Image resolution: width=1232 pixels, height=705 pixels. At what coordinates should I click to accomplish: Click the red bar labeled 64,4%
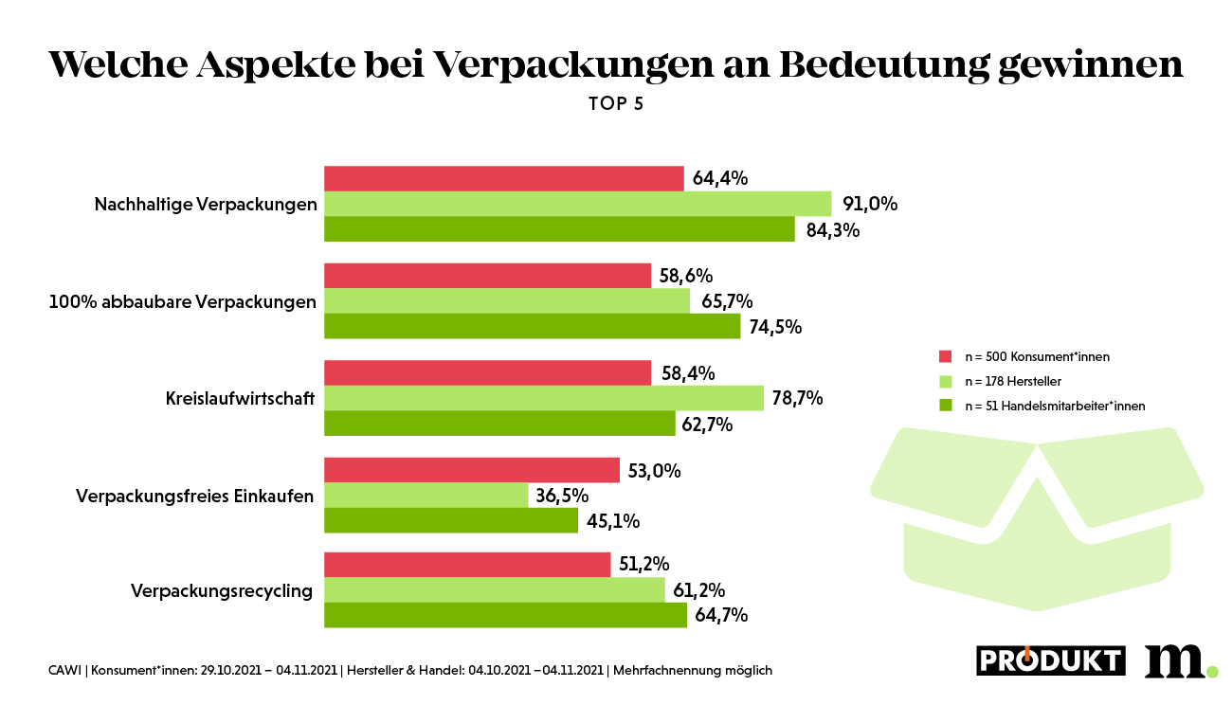tap(503, 178)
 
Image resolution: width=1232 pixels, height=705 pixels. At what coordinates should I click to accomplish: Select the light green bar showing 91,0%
tap(577, 204)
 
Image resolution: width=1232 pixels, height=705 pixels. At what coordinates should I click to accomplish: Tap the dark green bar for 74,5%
tap(532, 326)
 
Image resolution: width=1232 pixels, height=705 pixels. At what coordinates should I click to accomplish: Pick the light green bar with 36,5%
tap(426, 495)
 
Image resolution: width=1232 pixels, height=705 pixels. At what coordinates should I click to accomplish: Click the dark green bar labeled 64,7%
tap(505, 615)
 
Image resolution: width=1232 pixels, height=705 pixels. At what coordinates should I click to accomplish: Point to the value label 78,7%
tap(797, 398)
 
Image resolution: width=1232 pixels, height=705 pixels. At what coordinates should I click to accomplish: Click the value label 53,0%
tap(654, 471)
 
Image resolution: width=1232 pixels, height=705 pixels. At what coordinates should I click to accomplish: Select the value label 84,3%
tap(832, 229)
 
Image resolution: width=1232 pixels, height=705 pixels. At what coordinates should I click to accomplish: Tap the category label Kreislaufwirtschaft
tap(240, 398)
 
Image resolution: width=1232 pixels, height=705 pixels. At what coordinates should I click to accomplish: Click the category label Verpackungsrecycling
tap(222, 591)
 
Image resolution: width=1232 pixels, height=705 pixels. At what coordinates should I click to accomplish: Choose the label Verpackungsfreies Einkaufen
tap(194, 496)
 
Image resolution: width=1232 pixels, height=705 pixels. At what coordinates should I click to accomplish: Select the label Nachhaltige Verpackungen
tap(206, 205)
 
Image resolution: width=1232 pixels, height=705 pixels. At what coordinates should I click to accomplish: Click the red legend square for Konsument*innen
tap(945, 356)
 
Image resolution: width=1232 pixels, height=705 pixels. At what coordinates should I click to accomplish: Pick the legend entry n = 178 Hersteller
tap(1012, 381)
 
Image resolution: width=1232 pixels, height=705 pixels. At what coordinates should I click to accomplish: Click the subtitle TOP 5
tap(616, 104)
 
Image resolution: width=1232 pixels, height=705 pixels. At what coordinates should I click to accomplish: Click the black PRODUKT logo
tap(1051, 660)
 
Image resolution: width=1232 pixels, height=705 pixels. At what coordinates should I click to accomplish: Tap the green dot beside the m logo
tap(1212, 672)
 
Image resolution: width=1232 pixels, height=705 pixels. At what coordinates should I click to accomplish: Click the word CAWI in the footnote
tap(64, 671)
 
